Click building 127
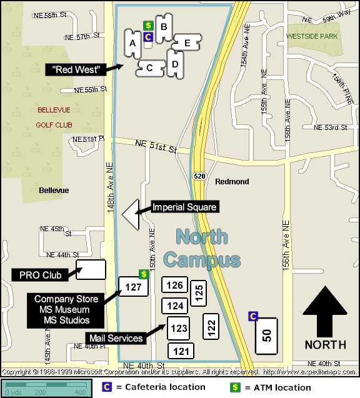(x=134, y=287)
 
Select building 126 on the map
(x=175, y=286)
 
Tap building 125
(x=199, y=292)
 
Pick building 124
(x=175, y=306)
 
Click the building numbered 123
(x=179, y=327)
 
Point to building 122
(x=211, y=325)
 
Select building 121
(x=181, y=351)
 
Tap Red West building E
(x=186, y=43)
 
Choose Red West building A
(x=132, y=44)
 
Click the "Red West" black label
(x=77, y=69)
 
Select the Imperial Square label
(x=184, y=207)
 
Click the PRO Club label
(x=38, y=274)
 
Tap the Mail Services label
(x=116, y=338)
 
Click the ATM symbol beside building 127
(x=143, y=274)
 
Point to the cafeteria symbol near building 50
(x=253, y=316)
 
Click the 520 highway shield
(x=199, y=176)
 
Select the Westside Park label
(x=311, y=36)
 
